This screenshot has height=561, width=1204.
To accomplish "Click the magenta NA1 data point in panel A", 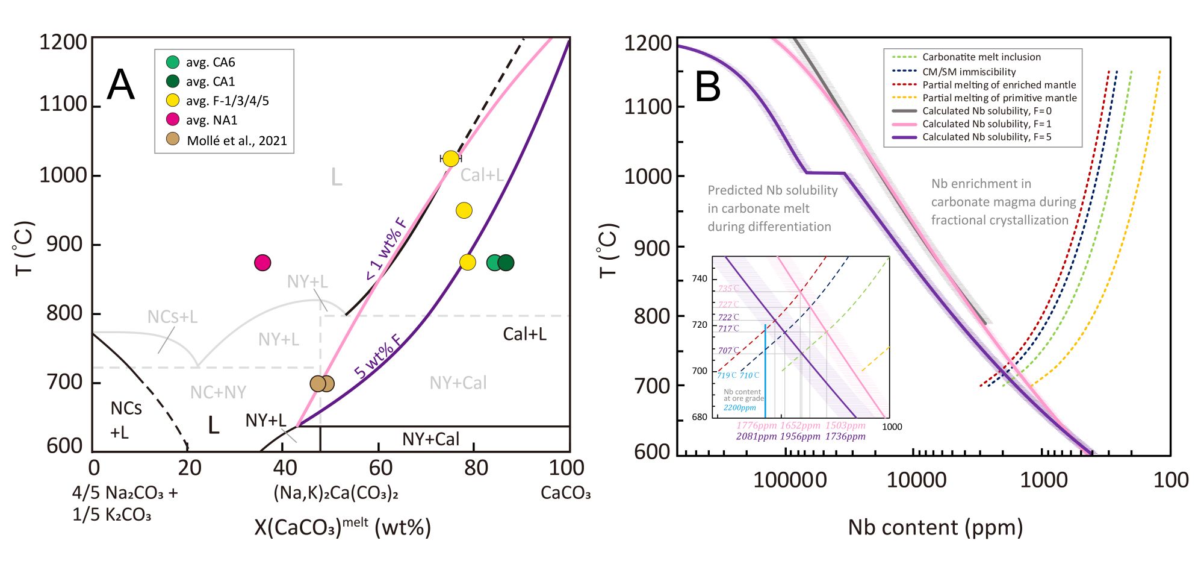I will pyautogui.click(x=262, y=263).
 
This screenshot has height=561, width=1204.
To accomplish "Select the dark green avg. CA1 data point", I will pyautogui.click(x=506, y=263).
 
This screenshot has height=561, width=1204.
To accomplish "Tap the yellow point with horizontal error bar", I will pyautogui.click(x=450, y=158).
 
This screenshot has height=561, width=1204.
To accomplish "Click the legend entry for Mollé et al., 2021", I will pyautogui.click(x=237, y=140).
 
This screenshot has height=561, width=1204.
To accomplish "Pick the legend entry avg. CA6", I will pyautogui.click(x=210, y=62).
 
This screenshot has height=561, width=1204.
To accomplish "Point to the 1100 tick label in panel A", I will pyautogui.click(x=63, y=104).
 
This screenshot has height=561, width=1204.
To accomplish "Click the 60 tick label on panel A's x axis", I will pyautogui.click(x=380, y=468).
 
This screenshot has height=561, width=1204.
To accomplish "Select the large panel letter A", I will pyautogui.click(x=121, y=85).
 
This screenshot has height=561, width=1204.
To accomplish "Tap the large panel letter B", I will pyautogui.click(x=708, y=87).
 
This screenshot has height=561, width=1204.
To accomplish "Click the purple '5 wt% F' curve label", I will pyautogui.click(x=378, y=357).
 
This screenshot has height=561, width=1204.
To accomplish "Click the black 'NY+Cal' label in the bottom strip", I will pyautogui.click(x=430, y=439).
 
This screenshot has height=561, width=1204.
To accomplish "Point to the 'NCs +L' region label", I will pyautogui.click(x=126, y=420).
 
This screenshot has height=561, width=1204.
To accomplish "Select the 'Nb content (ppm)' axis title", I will pyautogui.click(x=936, y=527).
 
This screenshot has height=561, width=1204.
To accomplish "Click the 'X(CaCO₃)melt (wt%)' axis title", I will pyautogui.click(x=343, y=527).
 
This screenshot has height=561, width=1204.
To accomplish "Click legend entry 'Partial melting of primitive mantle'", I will pyautogui.click(x=999, y=98).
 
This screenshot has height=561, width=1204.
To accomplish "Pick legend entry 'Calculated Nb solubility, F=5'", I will pyautogui.click(x=987, y=137).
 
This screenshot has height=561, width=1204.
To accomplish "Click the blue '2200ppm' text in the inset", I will pyautogui.click(x=739, y=408).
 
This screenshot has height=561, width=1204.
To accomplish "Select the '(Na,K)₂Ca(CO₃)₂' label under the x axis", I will pyautogui.click(x=336, y=493).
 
